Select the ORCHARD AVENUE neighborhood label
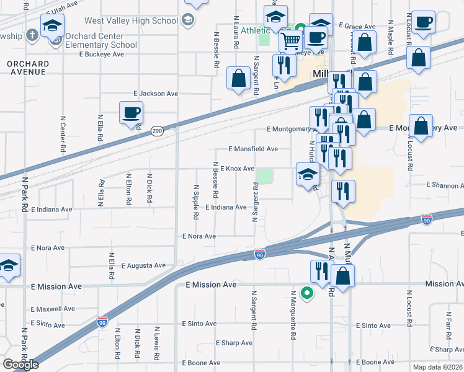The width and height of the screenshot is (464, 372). [27, 68]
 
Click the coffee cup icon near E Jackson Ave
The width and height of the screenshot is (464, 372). [131, 113]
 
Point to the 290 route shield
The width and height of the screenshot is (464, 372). [157, 131]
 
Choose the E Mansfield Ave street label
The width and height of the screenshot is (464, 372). [253, 149]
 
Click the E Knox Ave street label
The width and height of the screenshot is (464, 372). [237, 169]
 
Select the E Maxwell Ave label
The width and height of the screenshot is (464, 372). [53, 309]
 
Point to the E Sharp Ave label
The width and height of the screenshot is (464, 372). [234, 343]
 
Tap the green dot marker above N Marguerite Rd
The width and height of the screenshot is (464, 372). [306, 293]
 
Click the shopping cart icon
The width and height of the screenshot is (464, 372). [290, 42]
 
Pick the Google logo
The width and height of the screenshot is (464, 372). [20, 365]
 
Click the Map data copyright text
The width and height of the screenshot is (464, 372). [438, 367]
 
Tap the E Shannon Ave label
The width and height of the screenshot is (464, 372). [444, 185]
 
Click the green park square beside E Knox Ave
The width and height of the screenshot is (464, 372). [265, 177]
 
